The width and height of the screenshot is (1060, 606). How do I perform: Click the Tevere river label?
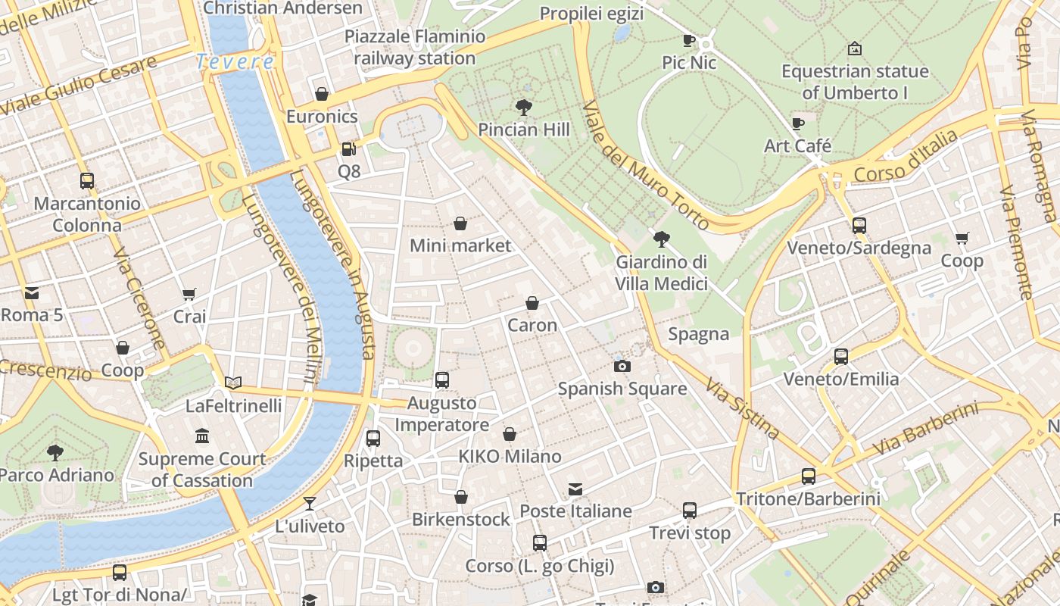(235, 61)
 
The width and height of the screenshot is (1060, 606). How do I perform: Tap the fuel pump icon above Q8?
(348, 149)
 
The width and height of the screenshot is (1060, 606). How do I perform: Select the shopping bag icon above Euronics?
(322, 94)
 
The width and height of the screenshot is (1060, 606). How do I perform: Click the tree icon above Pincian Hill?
(523, 107)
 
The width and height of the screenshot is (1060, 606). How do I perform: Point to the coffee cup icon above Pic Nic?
(688, 39)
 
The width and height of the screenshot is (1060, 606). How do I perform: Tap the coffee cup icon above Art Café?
(797, 123)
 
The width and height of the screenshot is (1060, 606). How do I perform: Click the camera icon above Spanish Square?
(622, 366)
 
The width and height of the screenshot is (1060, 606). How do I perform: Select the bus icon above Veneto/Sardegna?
(859, 225)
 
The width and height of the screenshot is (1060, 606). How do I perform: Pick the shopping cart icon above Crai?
(189, 293)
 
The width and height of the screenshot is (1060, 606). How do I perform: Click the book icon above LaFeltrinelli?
(233, 383)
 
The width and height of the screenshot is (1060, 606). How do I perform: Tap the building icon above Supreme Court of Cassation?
(201, 436)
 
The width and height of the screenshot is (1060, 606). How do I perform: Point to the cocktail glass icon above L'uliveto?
(309, 503)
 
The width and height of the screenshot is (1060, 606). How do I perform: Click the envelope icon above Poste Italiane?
(575, 489)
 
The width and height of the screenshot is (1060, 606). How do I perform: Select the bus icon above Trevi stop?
(689, 510)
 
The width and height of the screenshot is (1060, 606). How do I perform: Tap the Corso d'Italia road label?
(905, 156)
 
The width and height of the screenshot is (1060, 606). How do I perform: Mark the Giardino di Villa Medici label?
(661, 273)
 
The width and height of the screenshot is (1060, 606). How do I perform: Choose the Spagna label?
(698, 334)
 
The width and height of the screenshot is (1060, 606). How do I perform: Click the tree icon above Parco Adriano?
(55, 453)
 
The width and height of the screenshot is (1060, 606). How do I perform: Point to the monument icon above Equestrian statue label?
(855, 48)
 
